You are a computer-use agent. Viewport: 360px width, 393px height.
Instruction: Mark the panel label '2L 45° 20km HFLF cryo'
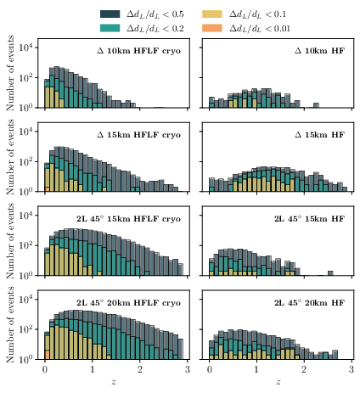[x=133, y=302]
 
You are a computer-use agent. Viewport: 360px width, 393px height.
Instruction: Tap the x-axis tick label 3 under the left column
[x=189, y=371]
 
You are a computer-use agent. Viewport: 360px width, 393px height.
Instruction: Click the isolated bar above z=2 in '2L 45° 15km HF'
[x=329, y=272]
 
